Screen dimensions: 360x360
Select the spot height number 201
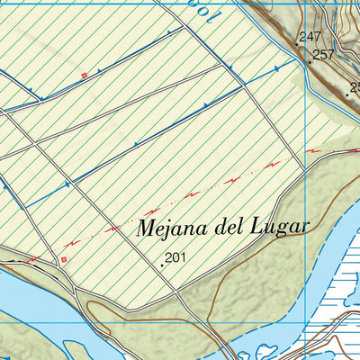[175, 258]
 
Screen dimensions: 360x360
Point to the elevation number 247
[310, 37]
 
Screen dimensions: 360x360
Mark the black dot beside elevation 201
[163, 265]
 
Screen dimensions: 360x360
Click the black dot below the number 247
[299, 44]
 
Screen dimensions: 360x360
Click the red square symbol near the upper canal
[85, 75]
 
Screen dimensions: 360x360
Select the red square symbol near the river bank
[64, 260]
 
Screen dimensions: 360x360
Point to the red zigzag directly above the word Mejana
[191, 193]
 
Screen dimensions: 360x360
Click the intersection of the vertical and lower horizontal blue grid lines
[307, 321]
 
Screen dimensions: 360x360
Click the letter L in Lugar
[257, 226]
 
